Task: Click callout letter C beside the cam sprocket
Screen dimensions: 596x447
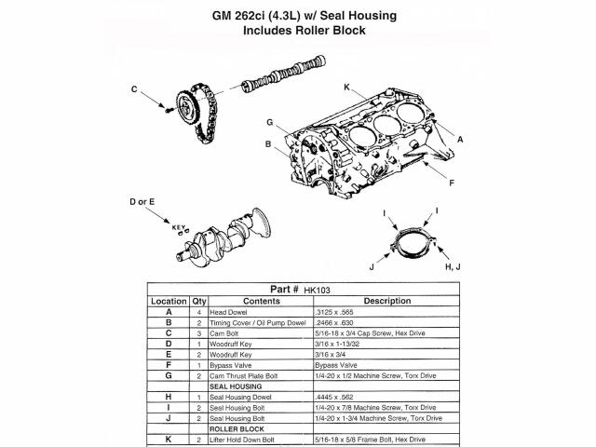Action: click(134, 89)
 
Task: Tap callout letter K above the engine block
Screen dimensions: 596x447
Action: click(346, 88)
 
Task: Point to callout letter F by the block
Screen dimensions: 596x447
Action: click(452, 183)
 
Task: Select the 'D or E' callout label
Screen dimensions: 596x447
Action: click(142, 202)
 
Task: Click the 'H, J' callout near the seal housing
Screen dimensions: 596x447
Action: click(453, 267)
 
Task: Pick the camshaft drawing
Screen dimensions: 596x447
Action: click(284, 74)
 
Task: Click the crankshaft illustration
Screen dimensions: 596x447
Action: click(223, 236)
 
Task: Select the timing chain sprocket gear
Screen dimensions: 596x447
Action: click(188, 107)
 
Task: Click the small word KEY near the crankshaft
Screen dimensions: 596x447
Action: click(179, 227)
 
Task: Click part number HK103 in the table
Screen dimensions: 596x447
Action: click(317, 291)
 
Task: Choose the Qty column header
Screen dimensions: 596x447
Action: click(198, 302)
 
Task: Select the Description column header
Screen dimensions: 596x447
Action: click(387, 301)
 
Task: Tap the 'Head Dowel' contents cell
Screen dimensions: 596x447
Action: click(228, 313)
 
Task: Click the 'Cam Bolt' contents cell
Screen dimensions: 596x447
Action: click(224, 333)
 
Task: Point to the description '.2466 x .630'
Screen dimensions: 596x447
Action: click(334, 323)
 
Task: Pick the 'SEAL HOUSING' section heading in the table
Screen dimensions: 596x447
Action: click(236, 387)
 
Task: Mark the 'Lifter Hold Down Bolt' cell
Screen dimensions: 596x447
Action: click(242, 440)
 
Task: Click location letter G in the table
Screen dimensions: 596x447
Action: click(169, 375)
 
